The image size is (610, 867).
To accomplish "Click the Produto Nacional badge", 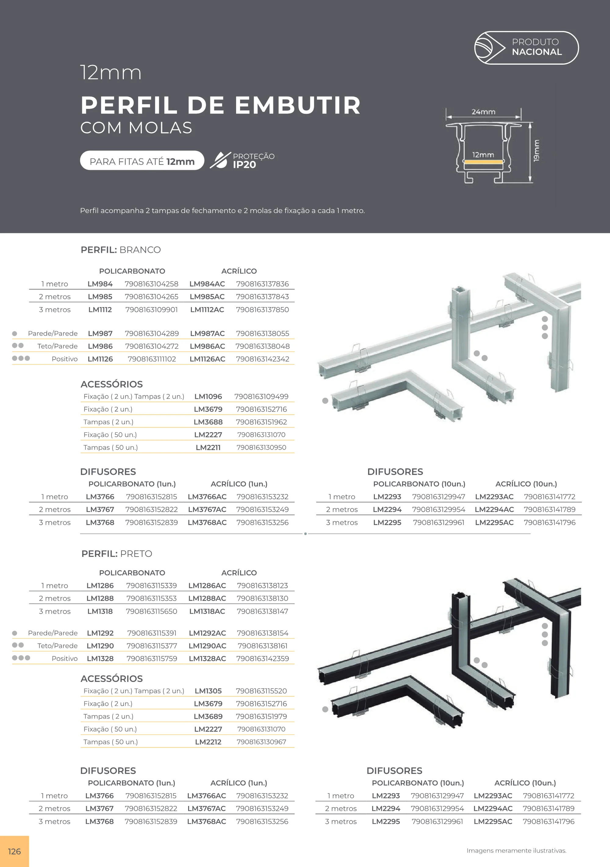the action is (x=526, y=48).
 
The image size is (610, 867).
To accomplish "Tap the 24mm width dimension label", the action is (x=483, y=112).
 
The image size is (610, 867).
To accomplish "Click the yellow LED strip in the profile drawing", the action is (x=483, y=162).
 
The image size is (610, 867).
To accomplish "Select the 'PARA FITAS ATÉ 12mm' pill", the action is (x=142, y=160).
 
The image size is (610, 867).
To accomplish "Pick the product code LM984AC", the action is (x=207, y=284).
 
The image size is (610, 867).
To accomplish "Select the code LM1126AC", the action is (x=207, y=359).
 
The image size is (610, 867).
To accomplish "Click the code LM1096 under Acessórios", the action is (x=208, y=396).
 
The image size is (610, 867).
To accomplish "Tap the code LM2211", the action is (x=208, y=447).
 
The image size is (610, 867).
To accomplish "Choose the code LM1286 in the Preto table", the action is (x=100, y=586).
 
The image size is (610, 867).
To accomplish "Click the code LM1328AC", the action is (x=207, y=658).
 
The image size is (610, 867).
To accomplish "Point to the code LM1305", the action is (x=208, y=691).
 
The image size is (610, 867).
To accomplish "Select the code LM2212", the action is (x=208, y=742).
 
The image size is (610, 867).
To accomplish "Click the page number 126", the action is (x=14, y=851).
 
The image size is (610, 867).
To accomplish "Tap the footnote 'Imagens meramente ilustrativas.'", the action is (x=516, y=851).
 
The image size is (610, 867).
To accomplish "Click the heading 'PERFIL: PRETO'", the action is (x=117, y=554).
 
